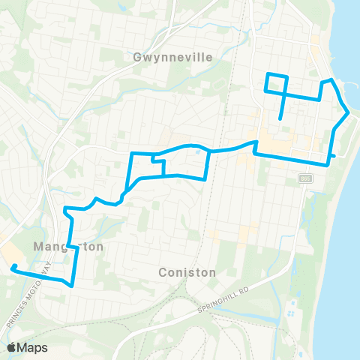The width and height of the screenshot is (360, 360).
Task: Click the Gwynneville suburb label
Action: (172, 57)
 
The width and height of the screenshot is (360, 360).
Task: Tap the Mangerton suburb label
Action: (68, 246)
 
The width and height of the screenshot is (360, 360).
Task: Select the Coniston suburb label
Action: (187, 272)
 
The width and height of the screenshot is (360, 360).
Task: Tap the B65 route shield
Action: (304, 178)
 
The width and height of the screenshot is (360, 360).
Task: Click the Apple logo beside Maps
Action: (11, 347)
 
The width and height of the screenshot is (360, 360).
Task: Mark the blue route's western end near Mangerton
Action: (13, 266)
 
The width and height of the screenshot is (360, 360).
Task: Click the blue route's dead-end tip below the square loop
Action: (280, 118)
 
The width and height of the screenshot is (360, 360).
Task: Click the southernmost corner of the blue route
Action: (71, 285)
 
